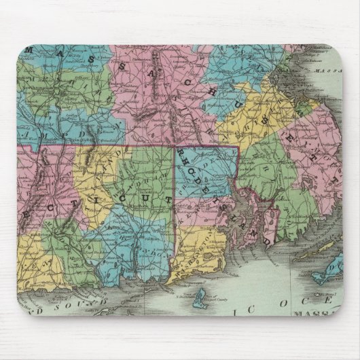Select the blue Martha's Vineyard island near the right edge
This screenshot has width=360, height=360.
coord(320,275)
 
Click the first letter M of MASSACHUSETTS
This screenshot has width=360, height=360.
coord(29,51)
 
